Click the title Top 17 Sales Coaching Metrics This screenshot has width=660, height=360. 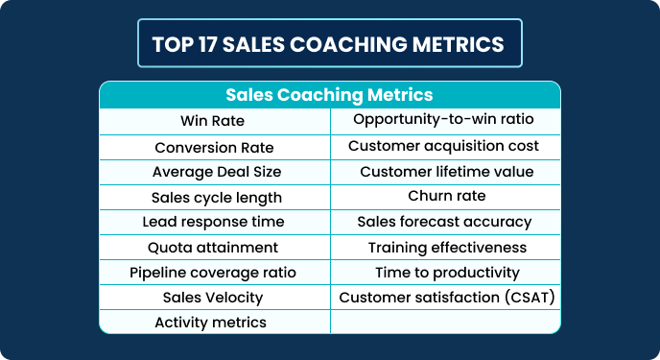[328, 44]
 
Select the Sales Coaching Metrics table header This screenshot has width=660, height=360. [329, 95]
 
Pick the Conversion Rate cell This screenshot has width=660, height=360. [214, 147]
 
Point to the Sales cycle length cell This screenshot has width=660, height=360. [216, 197]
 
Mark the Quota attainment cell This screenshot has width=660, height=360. [216, 247]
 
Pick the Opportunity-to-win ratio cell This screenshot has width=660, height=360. [443, 120]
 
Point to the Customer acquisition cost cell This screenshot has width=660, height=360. [443, 146]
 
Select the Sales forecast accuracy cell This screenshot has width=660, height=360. [444, 222]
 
